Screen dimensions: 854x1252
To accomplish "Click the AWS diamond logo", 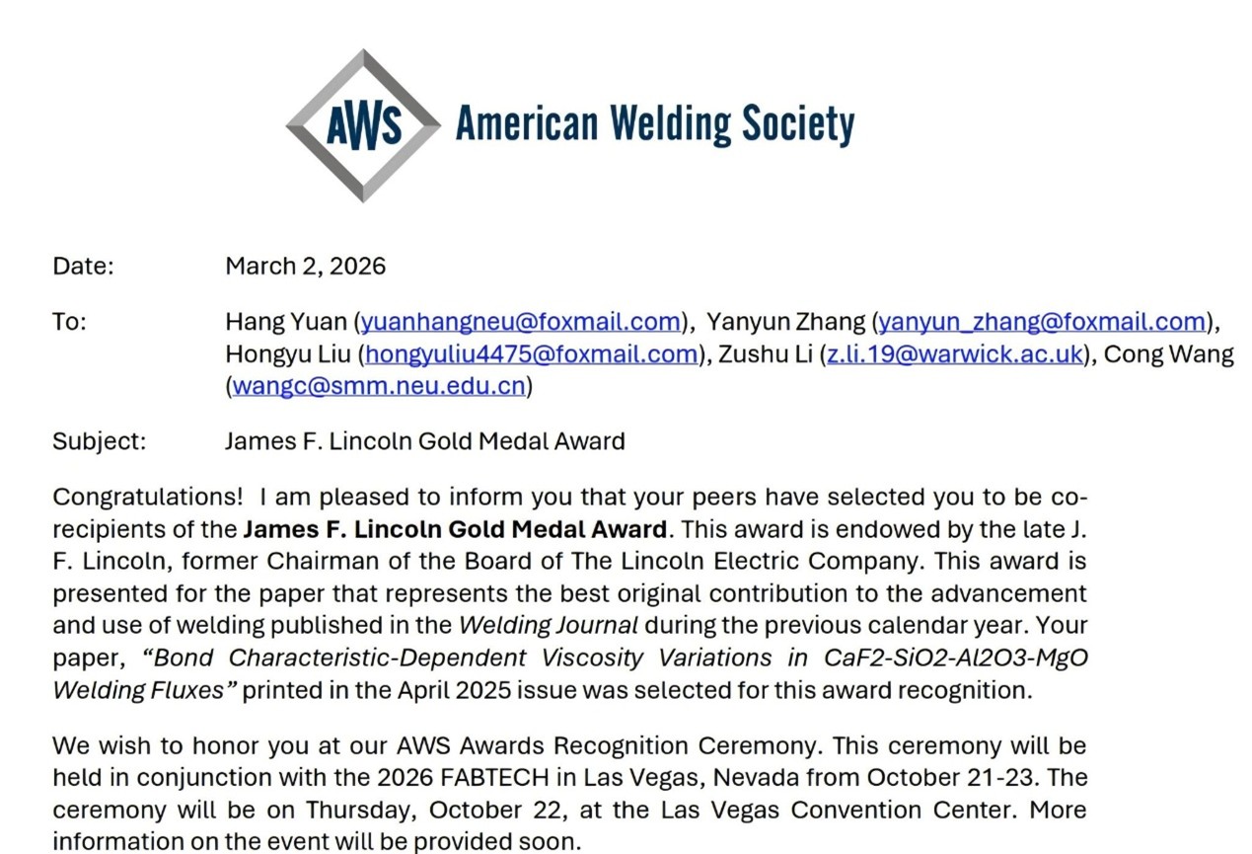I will click(363, 125).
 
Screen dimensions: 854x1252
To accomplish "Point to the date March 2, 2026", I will click(306, 267).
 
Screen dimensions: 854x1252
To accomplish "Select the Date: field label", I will click(84, 267).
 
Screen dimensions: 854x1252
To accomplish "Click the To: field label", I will click(70, 322).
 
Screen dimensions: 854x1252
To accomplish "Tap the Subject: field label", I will click(100, 441).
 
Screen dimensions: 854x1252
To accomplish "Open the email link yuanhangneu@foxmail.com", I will click(521, 322).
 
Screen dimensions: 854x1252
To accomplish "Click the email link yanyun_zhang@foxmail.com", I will click(1043, 322).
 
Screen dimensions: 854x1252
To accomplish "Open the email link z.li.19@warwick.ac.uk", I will click(954, 354).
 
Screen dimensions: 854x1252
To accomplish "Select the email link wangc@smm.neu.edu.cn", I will click(379, 387).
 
